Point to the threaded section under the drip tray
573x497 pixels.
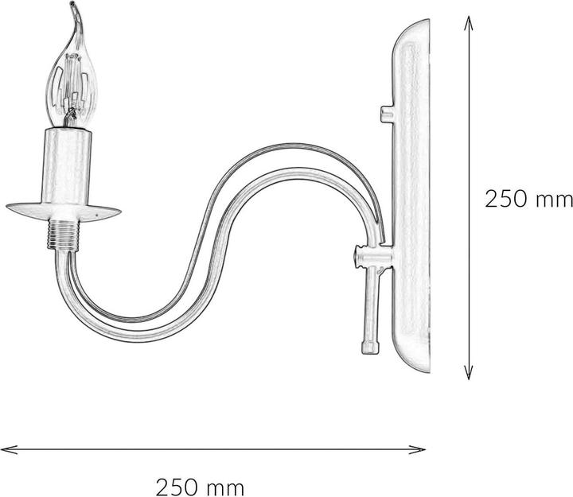click(x=62, y=235)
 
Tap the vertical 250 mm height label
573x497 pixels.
click(x=528, y=199)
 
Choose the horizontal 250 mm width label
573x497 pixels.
click(x=200, y=485)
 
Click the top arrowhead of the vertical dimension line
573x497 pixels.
click(x=470, y=23)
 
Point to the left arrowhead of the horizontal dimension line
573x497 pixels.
click(x=6, y=449)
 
